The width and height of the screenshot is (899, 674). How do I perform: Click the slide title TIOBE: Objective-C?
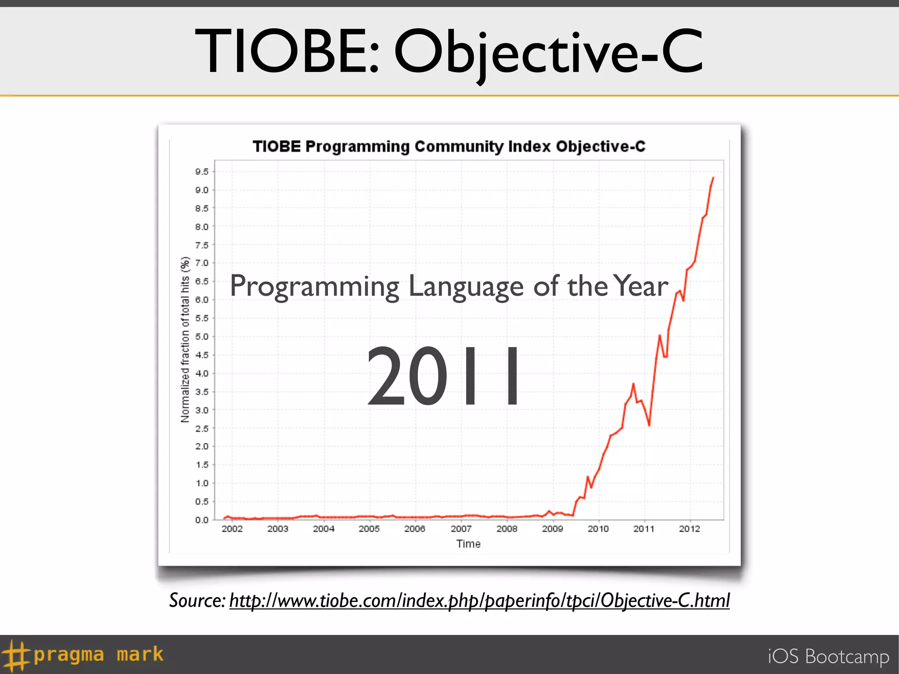click(449, 52)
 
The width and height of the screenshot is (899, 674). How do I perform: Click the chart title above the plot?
click(449, 147)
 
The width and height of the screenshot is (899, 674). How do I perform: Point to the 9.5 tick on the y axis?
click(202, 172)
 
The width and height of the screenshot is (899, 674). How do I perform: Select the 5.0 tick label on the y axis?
click(202, 337)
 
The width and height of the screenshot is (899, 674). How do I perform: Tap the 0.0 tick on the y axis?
click(202, 520)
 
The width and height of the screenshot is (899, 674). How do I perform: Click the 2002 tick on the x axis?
click(232, 529)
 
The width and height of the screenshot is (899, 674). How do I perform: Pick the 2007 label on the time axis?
click(461, 529)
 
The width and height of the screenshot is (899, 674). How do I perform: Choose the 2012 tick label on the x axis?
click(690, 529)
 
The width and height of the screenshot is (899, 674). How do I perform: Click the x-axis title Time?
click(468, 544)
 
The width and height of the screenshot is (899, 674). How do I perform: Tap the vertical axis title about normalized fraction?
click(185, 340)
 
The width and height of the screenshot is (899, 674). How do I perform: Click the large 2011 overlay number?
click(443, 376)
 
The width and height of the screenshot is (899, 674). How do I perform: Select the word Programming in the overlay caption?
click(314, 287)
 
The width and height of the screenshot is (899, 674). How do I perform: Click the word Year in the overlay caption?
click(640, 286)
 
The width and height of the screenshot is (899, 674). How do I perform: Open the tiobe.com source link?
click(479, 600)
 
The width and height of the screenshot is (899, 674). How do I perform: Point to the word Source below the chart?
click(197, 600)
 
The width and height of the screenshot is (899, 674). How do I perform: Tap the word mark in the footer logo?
click(140, 654)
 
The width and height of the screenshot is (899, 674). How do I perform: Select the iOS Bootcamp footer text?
click(828, 656)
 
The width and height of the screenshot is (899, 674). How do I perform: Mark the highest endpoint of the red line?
click(713, 178)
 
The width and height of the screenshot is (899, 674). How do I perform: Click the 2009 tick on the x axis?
click(552, 529)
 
